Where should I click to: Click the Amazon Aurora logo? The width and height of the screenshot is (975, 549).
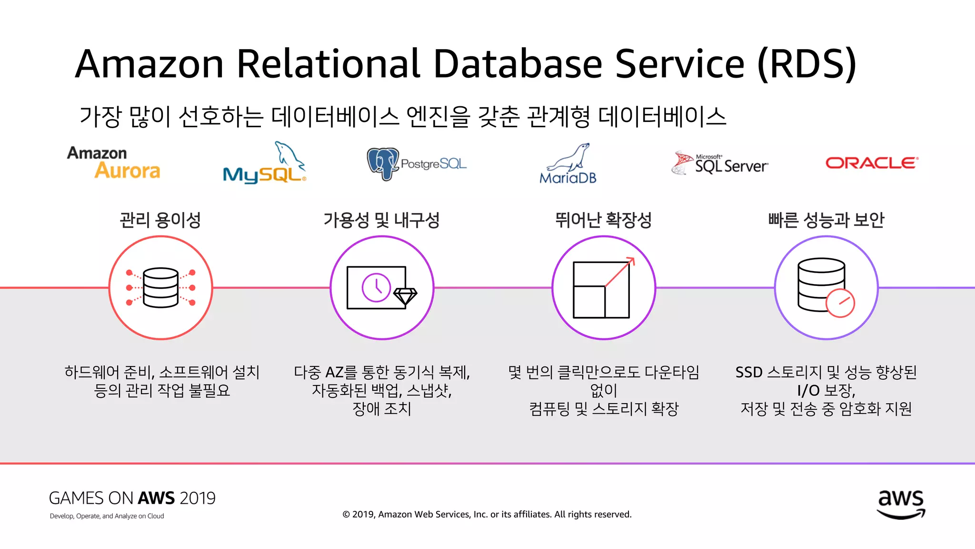coord(114,163)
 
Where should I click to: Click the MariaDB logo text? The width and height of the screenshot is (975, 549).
coord(567,178)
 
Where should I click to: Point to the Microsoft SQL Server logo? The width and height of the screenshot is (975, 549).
coord(719,163)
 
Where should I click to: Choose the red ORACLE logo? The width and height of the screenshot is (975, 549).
coord(871,163)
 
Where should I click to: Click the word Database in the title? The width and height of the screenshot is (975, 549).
coord(518,64)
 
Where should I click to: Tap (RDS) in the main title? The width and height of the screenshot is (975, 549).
coord(806,64)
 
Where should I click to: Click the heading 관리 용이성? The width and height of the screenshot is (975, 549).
coord(160,220)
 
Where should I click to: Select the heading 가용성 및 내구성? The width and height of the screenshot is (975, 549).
coord(381,220)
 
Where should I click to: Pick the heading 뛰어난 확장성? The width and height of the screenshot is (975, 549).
coord(603,220)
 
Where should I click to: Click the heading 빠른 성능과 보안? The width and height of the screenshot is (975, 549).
coord(826,220)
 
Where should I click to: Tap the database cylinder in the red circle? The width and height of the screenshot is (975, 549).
coord(160,287)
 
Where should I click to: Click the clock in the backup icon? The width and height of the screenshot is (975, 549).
coord(376,287)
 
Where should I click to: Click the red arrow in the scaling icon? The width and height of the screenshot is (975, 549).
coord(620,272)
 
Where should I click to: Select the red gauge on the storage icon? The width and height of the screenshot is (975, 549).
coord(840,303)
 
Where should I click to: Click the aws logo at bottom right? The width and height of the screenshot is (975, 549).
coord(901,504)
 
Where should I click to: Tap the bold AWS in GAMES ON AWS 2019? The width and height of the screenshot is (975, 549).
coord(156,498)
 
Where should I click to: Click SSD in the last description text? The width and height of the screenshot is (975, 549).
coord(749,372)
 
